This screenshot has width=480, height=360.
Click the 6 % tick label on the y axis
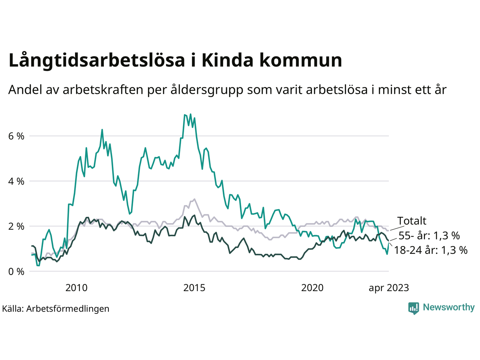click(16, 136)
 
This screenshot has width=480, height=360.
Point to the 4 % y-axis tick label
click(16, 181)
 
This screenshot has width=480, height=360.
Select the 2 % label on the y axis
click(16, 226)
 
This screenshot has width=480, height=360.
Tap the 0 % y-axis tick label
click(16, 271)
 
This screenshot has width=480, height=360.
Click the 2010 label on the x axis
click(76, 288)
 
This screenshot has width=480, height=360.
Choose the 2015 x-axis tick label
click(194, 288)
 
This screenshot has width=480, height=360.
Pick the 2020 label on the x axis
click(312, 288)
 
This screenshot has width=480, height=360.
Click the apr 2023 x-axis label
click(388, 288)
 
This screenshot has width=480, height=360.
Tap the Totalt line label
click(412, 221)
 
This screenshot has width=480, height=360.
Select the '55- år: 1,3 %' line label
click(429, 236)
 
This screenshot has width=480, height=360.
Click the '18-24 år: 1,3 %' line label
click(430, 250)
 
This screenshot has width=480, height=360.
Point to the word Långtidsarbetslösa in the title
click(97, 61)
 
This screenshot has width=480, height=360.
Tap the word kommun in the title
click(301, 61)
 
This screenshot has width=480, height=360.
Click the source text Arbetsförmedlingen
click(68, 309)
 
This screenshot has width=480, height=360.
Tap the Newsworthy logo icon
click(414, 308)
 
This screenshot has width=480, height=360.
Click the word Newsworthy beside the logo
click(448, 307)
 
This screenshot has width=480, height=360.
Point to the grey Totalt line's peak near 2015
click(194, 199)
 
